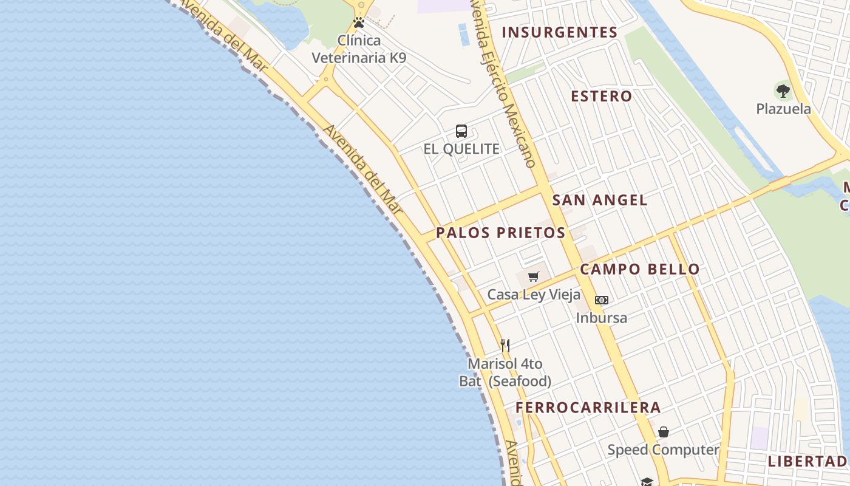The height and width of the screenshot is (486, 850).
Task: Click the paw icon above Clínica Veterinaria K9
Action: tap(359, 23)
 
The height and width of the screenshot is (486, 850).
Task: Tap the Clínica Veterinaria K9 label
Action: tap(359, 49)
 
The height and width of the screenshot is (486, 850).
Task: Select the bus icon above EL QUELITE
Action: tap(461, 131)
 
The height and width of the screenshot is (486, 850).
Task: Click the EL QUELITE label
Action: tap(461, 149)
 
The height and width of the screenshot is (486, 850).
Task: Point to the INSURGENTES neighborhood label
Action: tap(560, 33)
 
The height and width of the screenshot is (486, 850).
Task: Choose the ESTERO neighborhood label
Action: tap(602, 96)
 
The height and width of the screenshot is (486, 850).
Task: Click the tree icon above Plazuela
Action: tap(783, 92)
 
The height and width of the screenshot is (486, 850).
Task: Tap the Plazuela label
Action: tap(783, 109)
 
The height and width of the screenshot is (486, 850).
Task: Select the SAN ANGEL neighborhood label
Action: tap(600, 200)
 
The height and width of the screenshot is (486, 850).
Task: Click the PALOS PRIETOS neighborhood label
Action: tap(501, 233)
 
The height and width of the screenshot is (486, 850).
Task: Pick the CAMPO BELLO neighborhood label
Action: tap(640, 269)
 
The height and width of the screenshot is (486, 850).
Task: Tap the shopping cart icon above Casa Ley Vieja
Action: tap(534, 277)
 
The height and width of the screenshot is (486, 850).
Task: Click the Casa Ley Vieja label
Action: tap(534, 295)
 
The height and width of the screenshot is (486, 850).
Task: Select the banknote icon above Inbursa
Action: tap(602, 300)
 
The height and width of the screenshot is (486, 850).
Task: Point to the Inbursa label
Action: tap(602, 318)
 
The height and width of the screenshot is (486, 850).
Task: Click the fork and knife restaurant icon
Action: tap(505, 346)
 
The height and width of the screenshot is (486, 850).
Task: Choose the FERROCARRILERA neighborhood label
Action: tap(588, 408)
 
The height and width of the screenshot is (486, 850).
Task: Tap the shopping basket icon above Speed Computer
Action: tap(664, 432)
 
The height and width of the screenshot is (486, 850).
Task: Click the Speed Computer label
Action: tap(664, 450)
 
